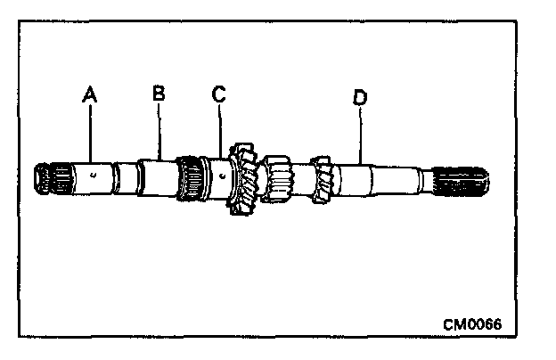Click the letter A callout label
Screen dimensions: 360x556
click(x=88, y=92)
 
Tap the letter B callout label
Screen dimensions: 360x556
click(x=159, y=92)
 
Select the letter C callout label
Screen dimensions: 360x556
click(x=218, y=92)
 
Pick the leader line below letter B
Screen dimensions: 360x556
click(x=159, y=131)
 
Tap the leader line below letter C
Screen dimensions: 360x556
click(x=220, y=132)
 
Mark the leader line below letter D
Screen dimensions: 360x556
click(x=361, y=134)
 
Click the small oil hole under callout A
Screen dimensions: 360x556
click(x=94, y=175)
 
